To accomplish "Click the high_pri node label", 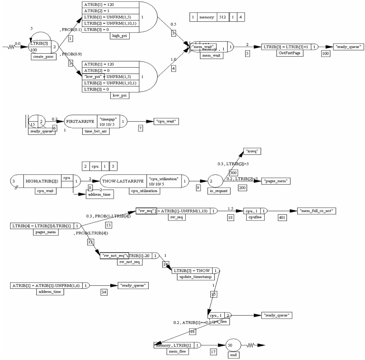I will (x=120, y=36).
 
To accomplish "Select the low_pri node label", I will (x=120, y=96).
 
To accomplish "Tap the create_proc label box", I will (x=44, y=57).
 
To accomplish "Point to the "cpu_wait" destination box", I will (x=166, y=122).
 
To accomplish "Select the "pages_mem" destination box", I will (x=276, y=180).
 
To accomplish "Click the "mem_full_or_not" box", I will (x=316, y=211).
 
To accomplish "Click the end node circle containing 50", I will (x=233, y=345).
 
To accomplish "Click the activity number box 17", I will (x=214, y=352).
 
